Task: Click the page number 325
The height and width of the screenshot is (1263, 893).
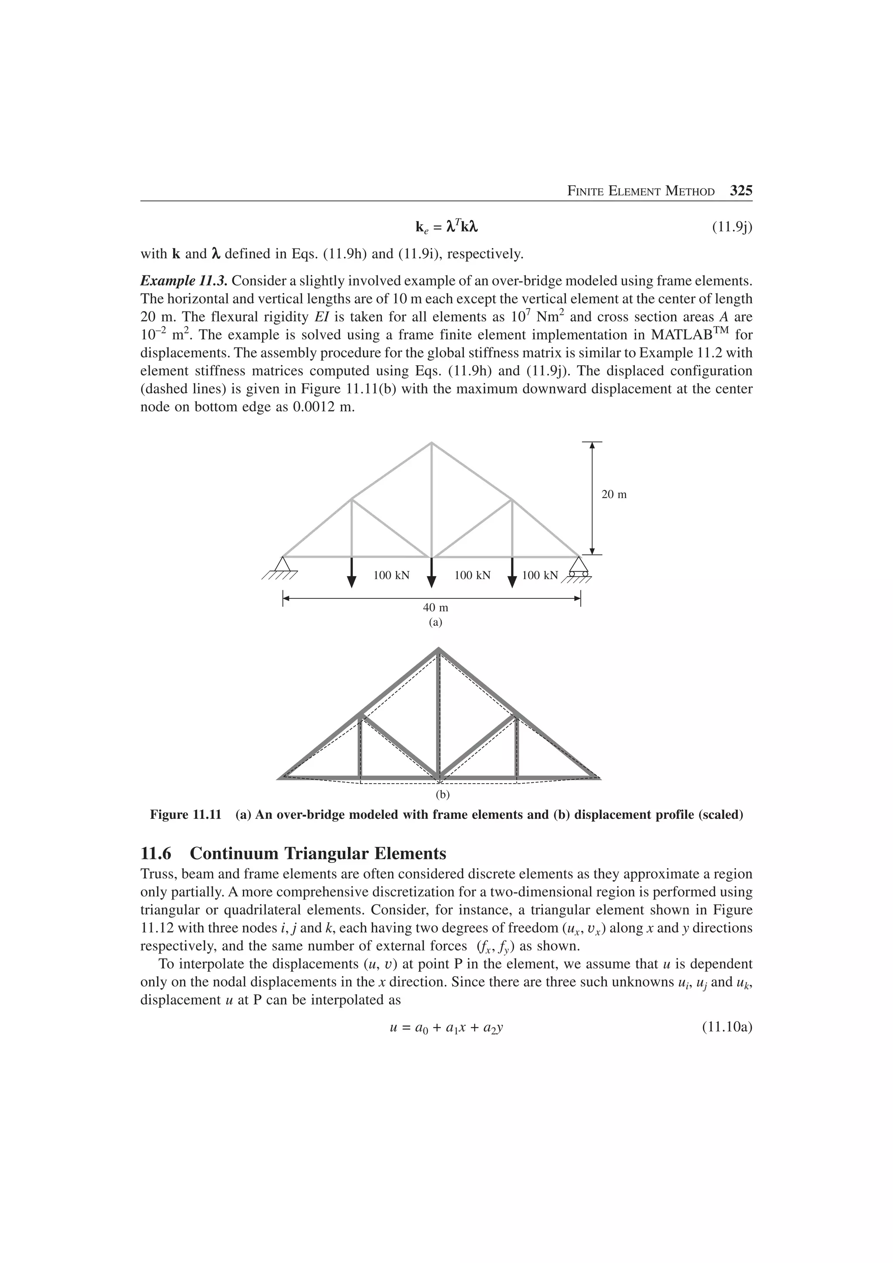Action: [x=740, y=191]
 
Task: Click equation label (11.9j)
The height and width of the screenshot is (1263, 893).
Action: [x=732, y=227]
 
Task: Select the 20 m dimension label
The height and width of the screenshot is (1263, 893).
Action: [x=614, y=495]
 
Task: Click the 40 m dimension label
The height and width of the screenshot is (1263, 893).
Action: [x=435, y=608]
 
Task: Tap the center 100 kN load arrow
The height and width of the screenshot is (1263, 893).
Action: [x=431, y=572]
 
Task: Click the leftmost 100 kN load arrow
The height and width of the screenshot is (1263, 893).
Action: [x=351, y=572]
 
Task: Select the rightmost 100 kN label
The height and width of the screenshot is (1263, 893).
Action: [x=540, y=575]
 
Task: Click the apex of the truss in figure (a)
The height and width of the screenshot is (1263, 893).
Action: [x=431, y=443]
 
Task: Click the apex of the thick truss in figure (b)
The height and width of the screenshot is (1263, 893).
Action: [x=439, y=650]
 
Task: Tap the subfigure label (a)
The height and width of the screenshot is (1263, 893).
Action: [x=435, y=623]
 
